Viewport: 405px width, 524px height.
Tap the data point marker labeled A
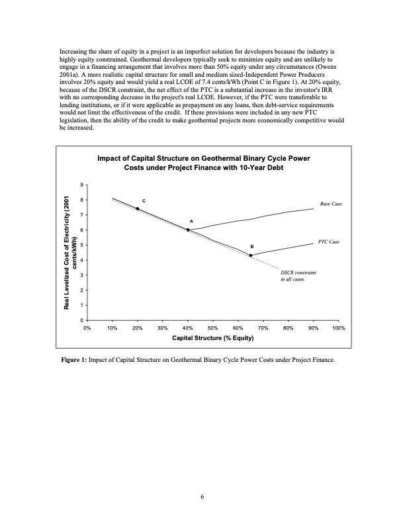pyautogui.click(x=188, y=230)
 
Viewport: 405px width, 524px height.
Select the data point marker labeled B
pyautogui.click(x=251, y=255)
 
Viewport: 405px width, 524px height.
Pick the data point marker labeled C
pyautogui.click(x=137, y=208)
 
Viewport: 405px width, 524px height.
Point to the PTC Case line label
pyautogui.click(x=328, y=242)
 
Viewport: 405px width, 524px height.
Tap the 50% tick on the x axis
pyautogui.click(x=212, y=327)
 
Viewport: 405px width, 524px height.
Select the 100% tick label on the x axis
pyautogui.click(x=338, y=327)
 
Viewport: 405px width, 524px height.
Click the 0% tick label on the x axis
pyautogui.click(x=87, y=327)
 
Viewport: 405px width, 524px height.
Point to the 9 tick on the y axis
pyautogui.click(x=81, y=185)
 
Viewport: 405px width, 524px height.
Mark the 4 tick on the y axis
pyautogui.click(x=81, y=260)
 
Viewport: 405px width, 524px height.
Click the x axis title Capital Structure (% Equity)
pyautogui.click(x=212, y=338)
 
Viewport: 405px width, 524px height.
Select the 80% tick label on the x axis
pyautogui.click(x=288, y=327)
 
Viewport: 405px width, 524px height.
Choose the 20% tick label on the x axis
pyautogui.click(x=137, y=327)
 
